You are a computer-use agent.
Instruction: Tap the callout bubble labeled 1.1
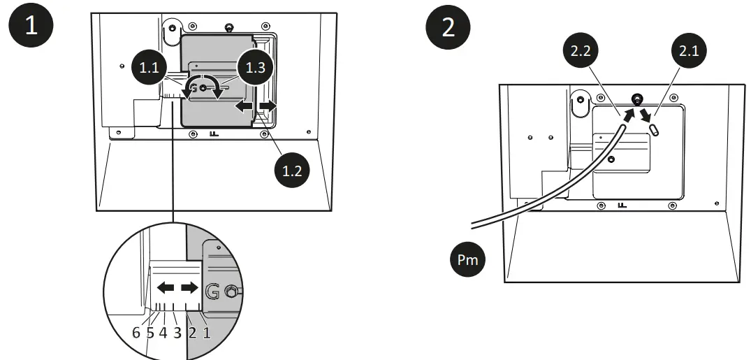149,69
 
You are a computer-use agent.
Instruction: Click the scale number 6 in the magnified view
136,333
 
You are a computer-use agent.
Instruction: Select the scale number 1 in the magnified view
206,333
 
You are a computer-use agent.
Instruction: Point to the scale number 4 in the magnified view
163,333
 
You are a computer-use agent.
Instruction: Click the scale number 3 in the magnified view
177,333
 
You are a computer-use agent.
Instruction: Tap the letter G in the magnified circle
214,291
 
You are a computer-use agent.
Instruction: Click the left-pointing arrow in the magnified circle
165,287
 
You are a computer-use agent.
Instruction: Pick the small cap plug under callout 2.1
655,129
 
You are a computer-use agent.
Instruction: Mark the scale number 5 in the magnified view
150,333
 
